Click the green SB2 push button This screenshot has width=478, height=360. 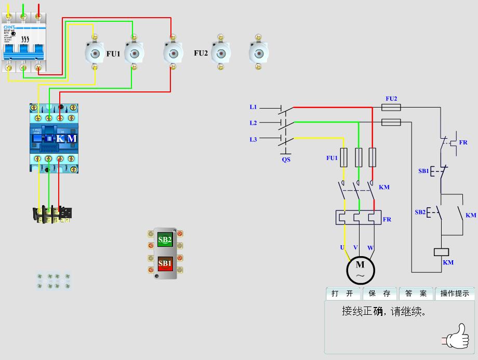click(165, 240)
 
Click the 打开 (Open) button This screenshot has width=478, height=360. click(342, 294)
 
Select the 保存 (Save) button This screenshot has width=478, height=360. click(379, 294)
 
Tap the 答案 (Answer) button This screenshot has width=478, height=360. click(416, 294)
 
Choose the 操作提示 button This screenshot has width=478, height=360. click(455, 294)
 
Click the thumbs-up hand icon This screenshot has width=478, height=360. click(456, 336)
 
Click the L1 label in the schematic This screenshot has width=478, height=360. click(253, 107)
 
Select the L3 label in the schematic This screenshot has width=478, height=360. click(253, 139)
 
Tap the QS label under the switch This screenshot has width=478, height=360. click(286, 159)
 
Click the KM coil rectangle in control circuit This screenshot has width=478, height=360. click(441, 252)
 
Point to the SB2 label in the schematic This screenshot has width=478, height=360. click(420, 212)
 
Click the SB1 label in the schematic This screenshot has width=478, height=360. click(423, 170)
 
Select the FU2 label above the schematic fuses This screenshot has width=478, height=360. click(391, 98)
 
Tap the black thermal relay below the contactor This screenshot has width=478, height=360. click(51, 215)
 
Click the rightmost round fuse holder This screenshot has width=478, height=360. click(259, 53)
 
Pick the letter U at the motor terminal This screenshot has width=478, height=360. click(342, 247)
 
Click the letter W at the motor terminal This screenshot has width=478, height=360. click(370, 247)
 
